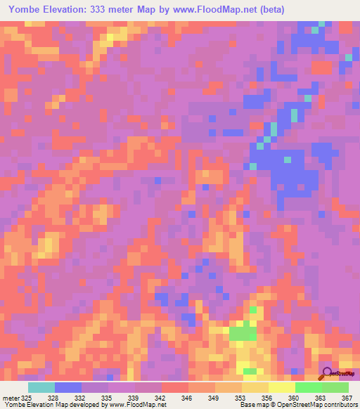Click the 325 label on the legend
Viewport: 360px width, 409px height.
coord(26,398)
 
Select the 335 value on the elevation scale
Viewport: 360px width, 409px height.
coord(108,398)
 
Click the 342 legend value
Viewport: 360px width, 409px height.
coord(162,398)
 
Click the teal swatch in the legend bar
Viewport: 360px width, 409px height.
coord(41,387)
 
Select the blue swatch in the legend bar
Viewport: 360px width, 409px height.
coord(68,387)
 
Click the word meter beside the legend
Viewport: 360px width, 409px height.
coord(10,398)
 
